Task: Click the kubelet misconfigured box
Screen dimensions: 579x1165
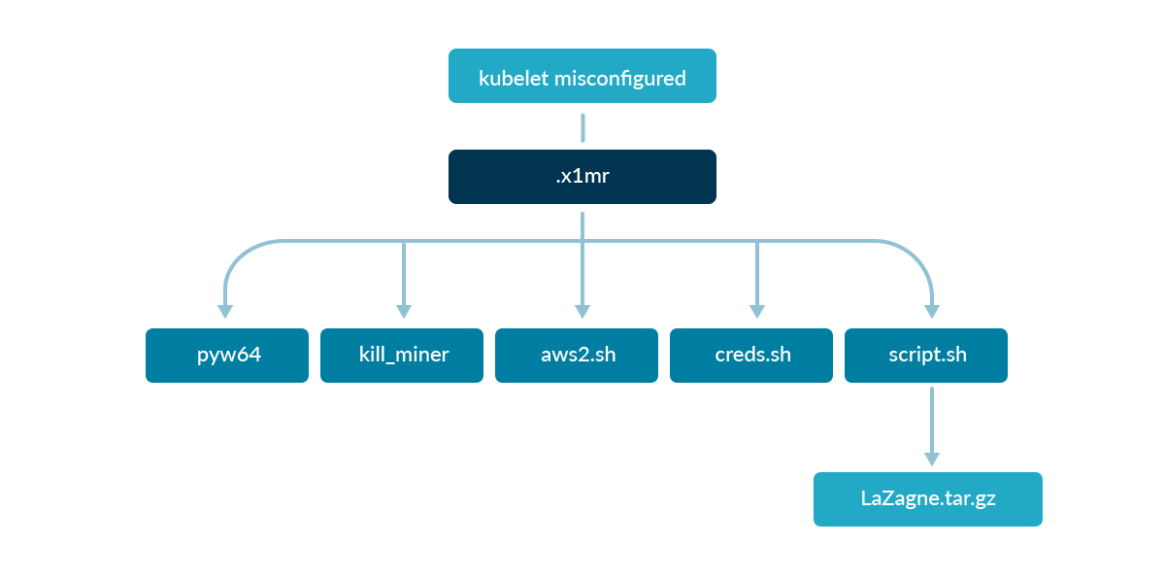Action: coord(582,76)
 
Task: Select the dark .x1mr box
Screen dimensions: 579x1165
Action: coord(582,177)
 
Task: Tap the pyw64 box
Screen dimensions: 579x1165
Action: coord(227,355)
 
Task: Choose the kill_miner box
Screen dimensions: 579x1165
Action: coord(402,355)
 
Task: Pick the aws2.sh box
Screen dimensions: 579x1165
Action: coord(577,355)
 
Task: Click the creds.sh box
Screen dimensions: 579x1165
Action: coord(751,355)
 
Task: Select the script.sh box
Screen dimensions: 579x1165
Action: coord(926,355)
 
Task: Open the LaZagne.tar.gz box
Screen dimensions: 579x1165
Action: coord(927,499)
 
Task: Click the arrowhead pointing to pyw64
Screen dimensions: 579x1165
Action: coord(225,312)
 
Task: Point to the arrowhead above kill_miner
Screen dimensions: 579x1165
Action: coord(404,312)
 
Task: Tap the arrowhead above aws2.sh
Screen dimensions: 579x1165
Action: coord(582,312)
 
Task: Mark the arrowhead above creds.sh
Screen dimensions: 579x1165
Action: coord(757,312)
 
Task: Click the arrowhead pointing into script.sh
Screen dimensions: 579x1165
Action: coord(932,312)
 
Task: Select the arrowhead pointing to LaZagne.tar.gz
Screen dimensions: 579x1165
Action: coord(932,459)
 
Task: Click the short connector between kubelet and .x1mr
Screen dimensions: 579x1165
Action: coord(582,127)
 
